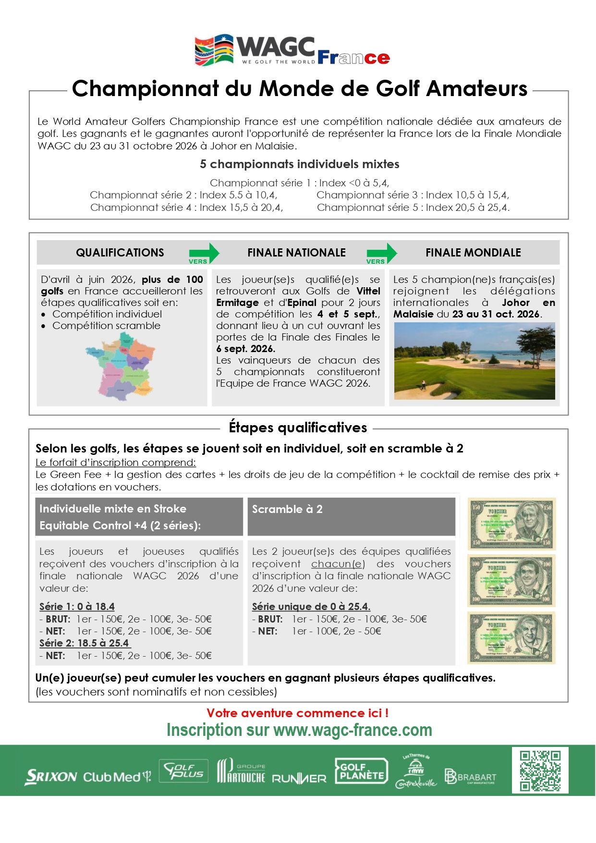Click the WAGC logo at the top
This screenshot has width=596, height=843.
pos(292,50)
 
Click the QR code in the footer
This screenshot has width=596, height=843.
pos(540,770)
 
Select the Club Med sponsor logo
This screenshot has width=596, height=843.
pos(117,777)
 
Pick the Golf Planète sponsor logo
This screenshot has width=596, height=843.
pos(361,771)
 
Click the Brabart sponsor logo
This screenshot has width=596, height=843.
pos(470,777)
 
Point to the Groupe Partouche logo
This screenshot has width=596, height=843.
pos(241,771)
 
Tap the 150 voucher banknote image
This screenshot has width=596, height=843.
pos(511,524)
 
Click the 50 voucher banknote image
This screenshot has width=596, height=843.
pos(511,638)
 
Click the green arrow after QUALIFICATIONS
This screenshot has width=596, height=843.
pos(204,253)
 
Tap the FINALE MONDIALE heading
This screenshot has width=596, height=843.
pos(473,253)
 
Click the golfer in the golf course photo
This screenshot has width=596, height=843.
pos(424,385)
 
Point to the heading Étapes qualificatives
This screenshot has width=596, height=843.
pos(298,428)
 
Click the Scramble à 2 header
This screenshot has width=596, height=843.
pos(287,509)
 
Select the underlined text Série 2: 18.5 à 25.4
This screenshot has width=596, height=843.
pos(85,643)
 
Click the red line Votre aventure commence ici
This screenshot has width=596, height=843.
pos(298,713)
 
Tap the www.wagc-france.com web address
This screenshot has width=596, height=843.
pos(353,730)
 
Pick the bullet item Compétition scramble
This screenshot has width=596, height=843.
pos(106,326)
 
